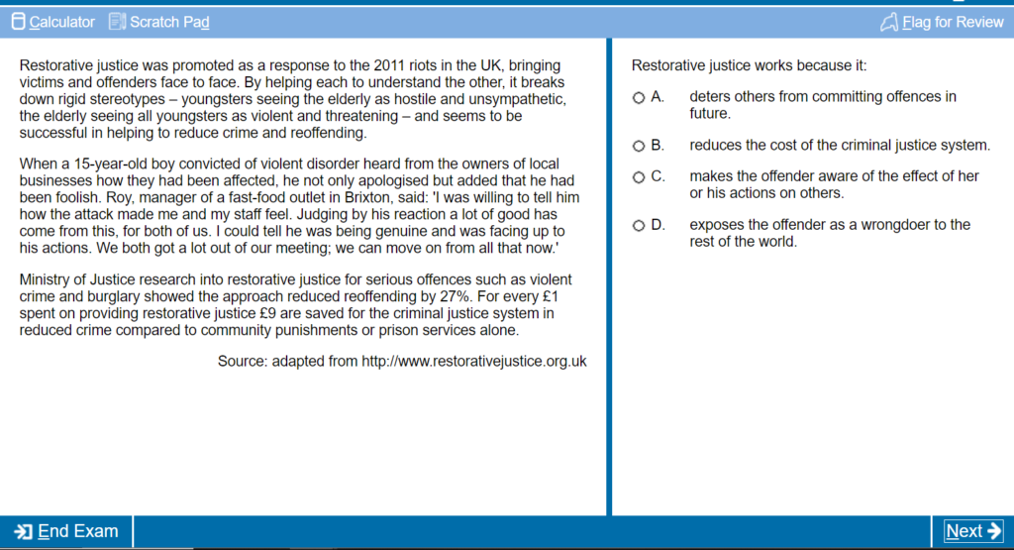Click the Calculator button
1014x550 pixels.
coord(53,22)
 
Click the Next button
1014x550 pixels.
coord(972,531)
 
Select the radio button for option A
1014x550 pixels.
coord(639,97)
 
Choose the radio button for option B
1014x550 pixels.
coord(639,146)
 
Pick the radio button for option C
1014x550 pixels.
coord(639,176)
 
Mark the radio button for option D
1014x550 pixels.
coord(639,225)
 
